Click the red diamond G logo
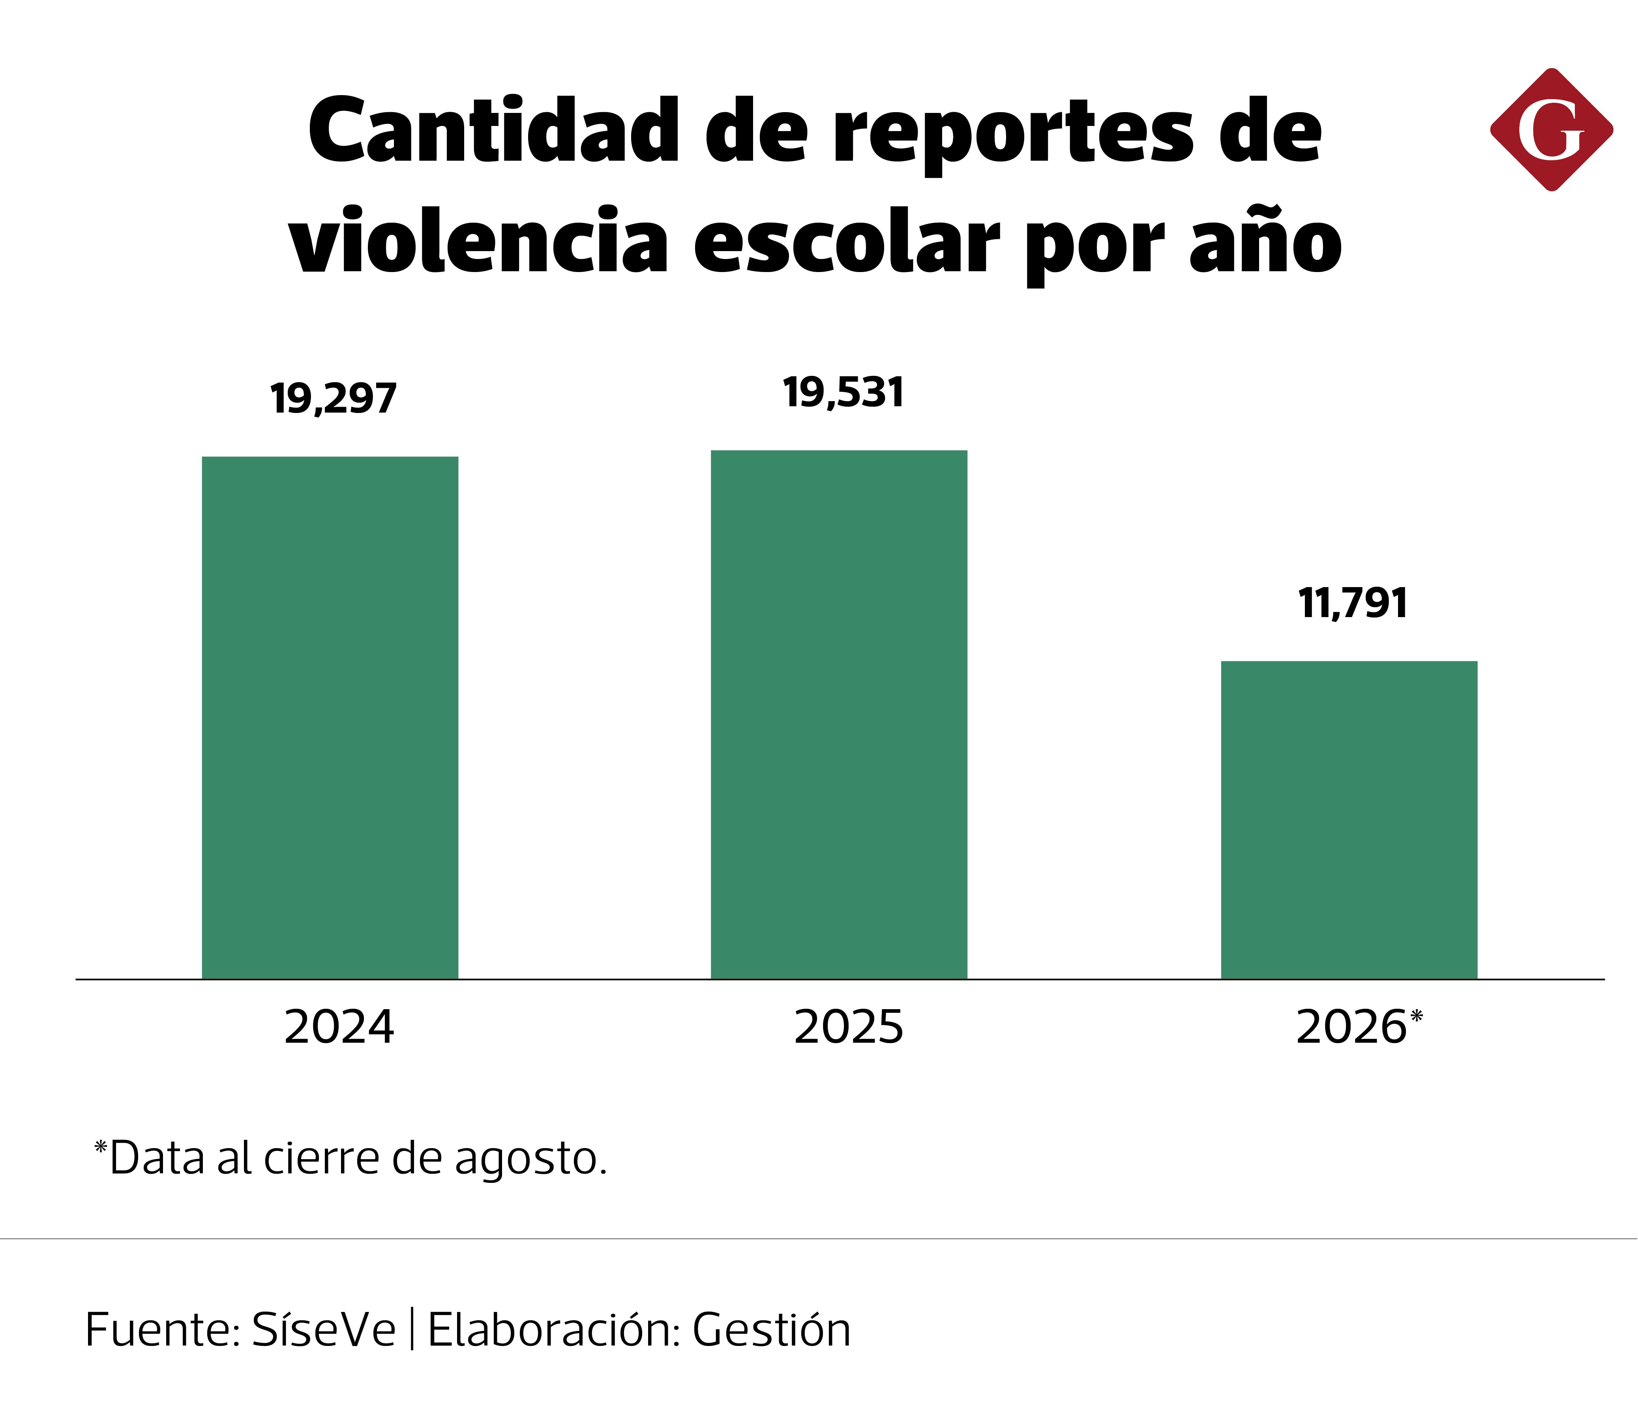point(1551,130)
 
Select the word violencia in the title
point(478,240)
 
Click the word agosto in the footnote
point(530,1159)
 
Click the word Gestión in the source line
point(772,1330)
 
